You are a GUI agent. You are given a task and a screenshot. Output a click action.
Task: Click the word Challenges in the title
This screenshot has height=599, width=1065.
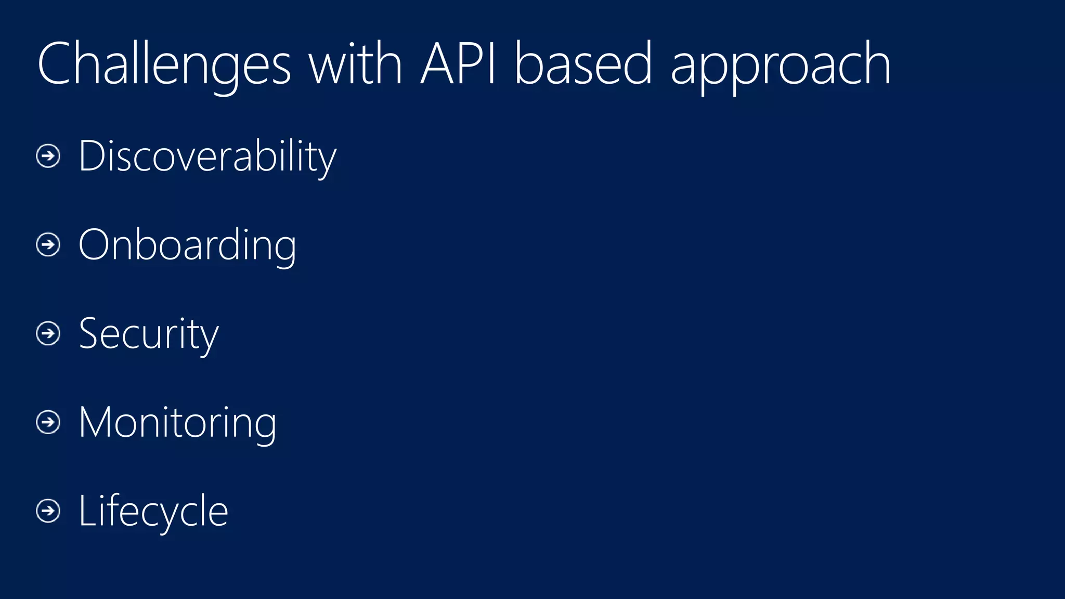[x=164, y=65]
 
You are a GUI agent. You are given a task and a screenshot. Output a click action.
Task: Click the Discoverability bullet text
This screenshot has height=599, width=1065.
[x=207, y=157]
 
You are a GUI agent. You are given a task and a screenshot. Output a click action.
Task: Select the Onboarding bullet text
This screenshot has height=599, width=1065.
[x=187, y=245]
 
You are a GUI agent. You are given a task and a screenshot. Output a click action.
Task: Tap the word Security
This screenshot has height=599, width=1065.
[x=149, y=334]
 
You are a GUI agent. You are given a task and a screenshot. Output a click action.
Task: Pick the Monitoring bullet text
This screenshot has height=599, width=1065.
[x=177, y=423]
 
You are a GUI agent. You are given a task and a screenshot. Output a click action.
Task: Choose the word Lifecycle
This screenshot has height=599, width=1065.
[x=153, y=511]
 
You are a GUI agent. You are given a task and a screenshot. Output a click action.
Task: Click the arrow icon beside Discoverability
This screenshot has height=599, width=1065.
[x=48, y=156]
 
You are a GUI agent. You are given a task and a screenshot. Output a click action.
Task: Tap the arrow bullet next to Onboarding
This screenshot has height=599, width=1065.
[x=48, y=244]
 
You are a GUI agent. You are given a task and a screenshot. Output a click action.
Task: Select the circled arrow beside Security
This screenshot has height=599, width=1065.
[x=48, y=333]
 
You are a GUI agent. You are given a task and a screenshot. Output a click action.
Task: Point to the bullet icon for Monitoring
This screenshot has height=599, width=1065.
[x=48, y=422]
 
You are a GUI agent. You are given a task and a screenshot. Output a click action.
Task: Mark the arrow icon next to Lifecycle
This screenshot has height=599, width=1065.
[x=48, y=511]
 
